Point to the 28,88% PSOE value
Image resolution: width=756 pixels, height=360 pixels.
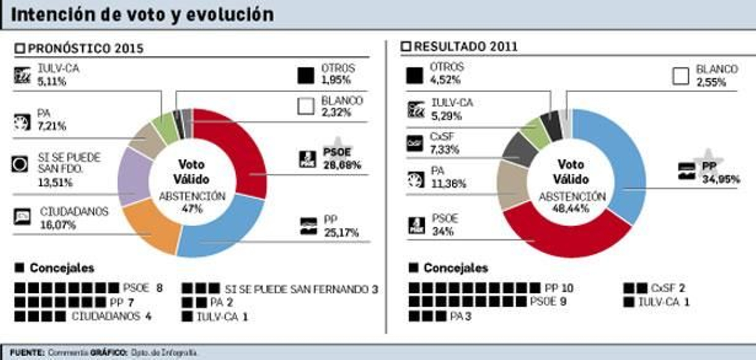point(342,165)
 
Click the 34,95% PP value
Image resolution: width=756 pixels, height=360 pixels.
point(721,179)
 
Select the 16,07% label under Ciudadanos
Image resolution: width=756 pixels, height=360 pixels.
point(58,225)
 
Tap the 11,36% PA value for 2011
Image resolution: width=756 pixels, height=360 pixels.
point(448,183)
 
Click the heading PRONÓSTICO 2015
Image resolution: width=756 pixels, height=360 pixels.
point(85,48)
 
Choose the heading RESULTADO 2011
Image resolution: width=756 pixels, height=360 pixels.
point(465,46)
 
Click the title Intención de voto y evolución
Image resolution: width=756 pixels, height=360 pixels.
point(142,15)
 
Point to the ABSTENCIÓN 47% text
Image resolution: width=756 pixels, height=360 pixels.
point(192,202)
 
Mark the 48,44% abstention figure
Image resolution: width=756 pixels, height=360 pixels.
point(570,208)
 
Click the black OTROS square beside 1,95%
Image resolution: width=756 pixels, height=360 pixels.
point(306,76)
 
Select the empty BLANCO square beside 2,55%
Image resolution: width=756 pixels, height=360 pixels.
point(680,76)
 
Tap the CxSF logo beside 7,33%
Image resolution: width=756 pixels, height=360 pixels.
point(415,143)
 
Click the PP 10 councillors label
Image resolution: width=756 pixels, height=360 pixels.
point(558,288)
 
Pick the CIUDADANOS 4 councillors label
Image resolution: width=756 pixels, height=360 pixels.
point(111,316)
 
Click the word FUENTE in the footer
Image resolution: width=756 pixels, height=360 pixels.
point(27,352)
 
